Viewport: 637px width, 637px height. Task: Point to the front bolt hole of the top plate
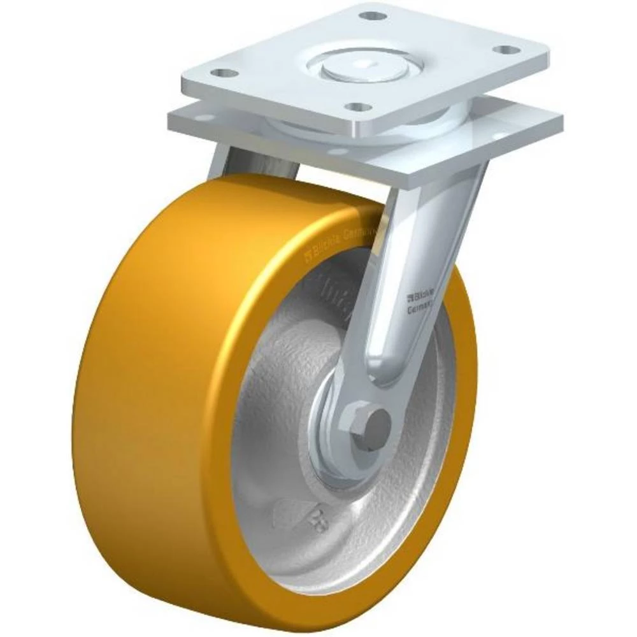(360, 106)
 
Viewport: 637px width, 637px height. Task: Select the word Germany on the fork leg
(420, 309)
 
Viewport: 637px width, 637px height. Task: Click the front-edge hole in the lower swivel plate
(338, 152)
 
